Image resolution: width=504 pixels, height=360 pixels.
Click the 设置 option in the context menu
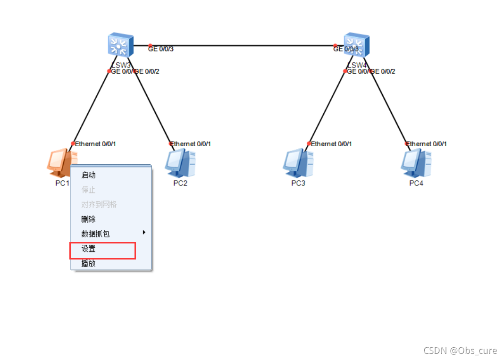click(89, 249)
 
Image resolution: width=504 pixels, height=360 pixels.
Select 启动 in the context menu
click(89, 175)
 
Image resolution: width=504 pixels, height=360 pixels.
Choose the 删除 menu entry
click(89, 219)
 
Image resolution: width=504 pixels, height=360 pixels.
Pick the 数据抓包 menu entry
click(96, 234)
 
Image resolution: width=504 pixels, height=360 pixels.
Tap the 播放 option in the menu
click(89, 264)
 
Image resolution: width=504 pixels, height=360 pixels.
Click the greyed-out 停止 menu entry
click(89, 190)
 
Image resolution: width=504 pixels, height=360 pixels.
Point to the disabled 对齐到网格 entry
click(99, 204)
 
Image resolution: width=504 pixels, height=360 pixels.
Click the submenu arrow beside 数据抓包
click(144, 232)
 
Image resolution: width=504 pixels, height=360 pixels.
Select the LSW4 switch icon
click(357, 45)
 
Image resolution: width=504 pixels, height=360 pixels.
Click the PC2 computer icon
click(180, 162)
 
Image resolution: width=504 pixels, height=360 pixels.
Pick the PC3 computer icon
click(298, 162)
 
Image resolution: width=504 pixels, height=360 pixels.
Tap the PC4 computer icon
click(416, 162)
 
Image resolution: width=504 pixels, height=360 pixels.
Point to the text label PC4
click(416, 183)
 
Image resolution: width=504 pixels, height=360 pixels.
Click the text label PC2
click(180, 183)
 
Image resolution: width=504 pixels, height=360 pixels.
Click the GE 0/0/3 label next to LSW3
click(161, 49)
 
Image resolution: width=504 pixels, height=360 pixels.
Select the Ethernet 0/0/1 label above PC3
click(331, 144)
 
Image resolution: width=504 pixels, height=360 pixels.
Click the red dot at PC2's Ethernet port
click(171, 143)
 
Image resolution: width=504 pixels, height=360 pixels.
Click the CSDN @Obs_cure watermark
click(460, 351)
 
